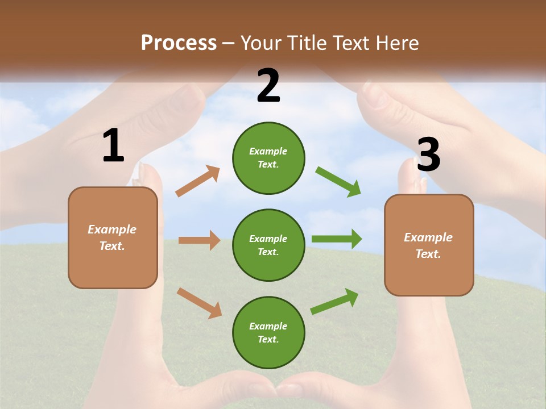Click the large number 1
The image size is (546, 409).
[113, 146]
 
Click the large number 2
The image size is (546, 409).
[268, 86]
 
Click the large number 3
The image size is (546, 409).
[428, 155]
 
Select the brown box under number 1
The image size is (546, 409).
[113, 237]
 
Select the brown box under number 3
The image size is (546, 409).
[429, 245]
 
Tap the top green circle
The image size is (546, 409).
[268, 158]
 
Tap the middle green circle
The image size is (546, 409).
[268, 245]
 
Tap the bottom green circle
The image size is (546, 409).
[268, 332]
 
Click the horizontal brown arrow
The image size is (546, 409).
[199, 240]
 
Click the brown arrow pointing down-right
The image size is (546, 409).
[199, 303]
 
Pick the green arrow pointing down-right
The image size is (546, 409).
[338, 182]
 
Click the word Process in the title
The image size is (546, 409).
[179, 43]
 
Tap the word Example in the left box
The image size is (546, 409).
[112, 229]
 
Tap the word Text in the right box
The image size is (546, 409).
[427, 254]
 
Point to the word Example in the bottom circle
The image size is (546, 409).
[268, 326]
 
